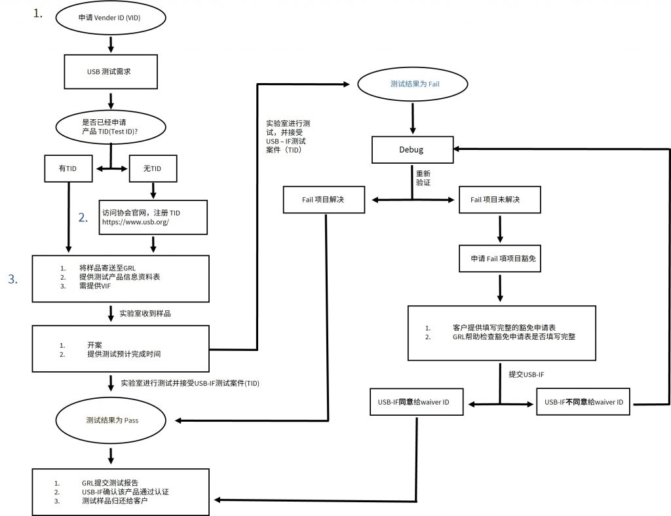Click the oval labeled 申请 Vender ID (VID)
(x=110, y=18)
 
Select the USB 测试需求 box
(x=111, y=72)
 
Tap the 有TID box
(x=68, y=168)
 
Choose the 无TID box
(x=153, y=168)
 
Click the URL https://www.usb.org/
(x=135, y=222)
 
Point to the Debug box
(x=412, y=150)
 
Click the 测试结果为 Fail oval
(x=413, y=84)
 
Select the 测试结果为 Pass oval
(x=111, y=420)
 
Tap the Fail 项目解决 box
(x=324, y=200)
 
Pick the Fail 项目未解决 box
(x=500, y=200)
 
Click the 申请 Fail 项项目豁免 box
(x=500, y=258)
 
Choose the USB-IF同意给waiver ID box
(x=416, y=402)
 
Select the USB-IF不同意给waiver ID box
(x=583, y=402)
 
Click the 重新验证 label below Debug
(x=423, y=178)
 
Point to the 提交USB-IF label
(x=526, y=375)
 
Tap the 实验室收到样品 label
(x=145, y=314)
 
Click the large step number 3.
(x=13, y=279)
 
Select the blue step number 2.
(x=83, y=217)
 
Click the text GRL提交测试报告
(x=110, y=483)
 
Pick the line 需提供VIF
(x=95, y=286)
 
